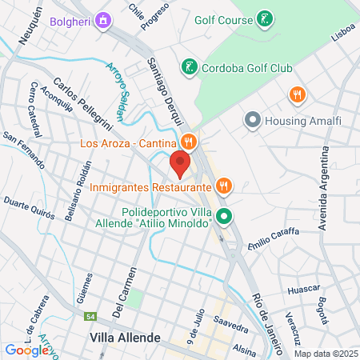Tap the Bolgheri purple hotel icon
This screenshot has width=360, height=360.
[102, 19]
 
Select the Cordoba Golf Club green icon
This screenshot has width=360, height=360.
[189, 67]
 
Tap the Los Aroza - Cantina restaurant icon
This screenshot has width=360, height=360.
[189, 143]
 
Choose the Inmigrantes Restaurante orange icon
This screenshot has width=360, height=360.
[224, 187]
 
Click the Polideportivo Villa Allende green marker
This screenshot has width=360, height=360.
[225, 216]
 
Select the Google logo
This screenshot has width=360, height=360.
[26, 350]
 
